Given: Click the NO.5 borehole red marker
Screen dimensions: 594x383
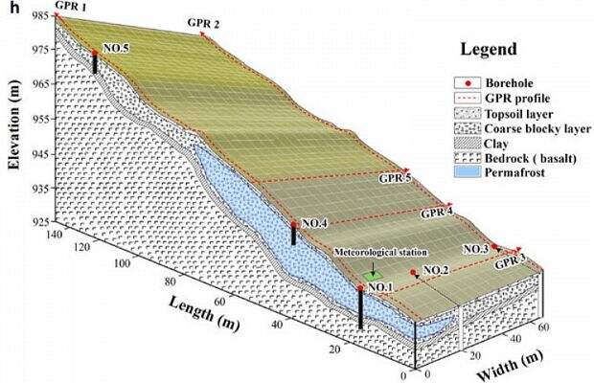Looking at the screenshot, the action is pos(95,53).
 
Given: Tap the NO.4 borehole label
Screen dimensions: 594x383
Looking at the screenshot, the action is pos(314,224).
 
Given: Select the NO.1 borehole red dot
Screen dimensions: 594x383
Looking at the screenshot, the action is pos(360,288).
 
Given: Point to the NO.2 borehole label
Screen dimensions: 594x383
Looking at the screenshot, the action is pos(436,270).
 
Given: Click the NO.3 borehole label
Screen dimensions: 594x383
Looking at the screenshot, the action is pos(476,249).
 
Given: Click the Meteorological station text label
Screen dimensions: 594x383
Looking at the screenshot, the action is pos(380,253).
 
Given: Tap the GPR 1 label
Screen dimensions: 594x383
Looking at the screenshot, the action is pos(70,6).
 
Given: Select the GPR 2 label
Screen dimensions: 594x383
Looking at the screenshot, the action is pos(203,24).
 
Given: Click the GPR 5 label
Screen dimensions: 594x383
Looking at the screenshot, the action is pos(395,178).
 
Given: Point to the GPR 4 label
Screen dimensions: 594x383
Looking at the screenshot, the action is pos(437,213).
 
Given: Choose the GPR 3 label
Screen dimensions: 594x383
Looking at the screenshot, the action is pos(511,262).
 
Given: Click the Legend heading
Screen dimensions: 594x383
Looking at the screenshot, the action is pos(489,49).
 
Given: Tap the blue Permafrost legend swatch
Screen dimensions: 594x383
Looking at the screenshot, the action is pos(468,172).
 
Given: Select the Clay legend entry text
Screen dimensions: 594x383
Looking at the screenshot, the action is pos(496,144).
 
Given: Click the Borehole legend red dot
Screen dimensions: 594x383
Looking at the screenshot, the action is pos(468,83).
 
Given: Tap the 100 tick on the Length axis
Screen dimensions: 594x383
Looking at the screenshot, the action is pos(122,263).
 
